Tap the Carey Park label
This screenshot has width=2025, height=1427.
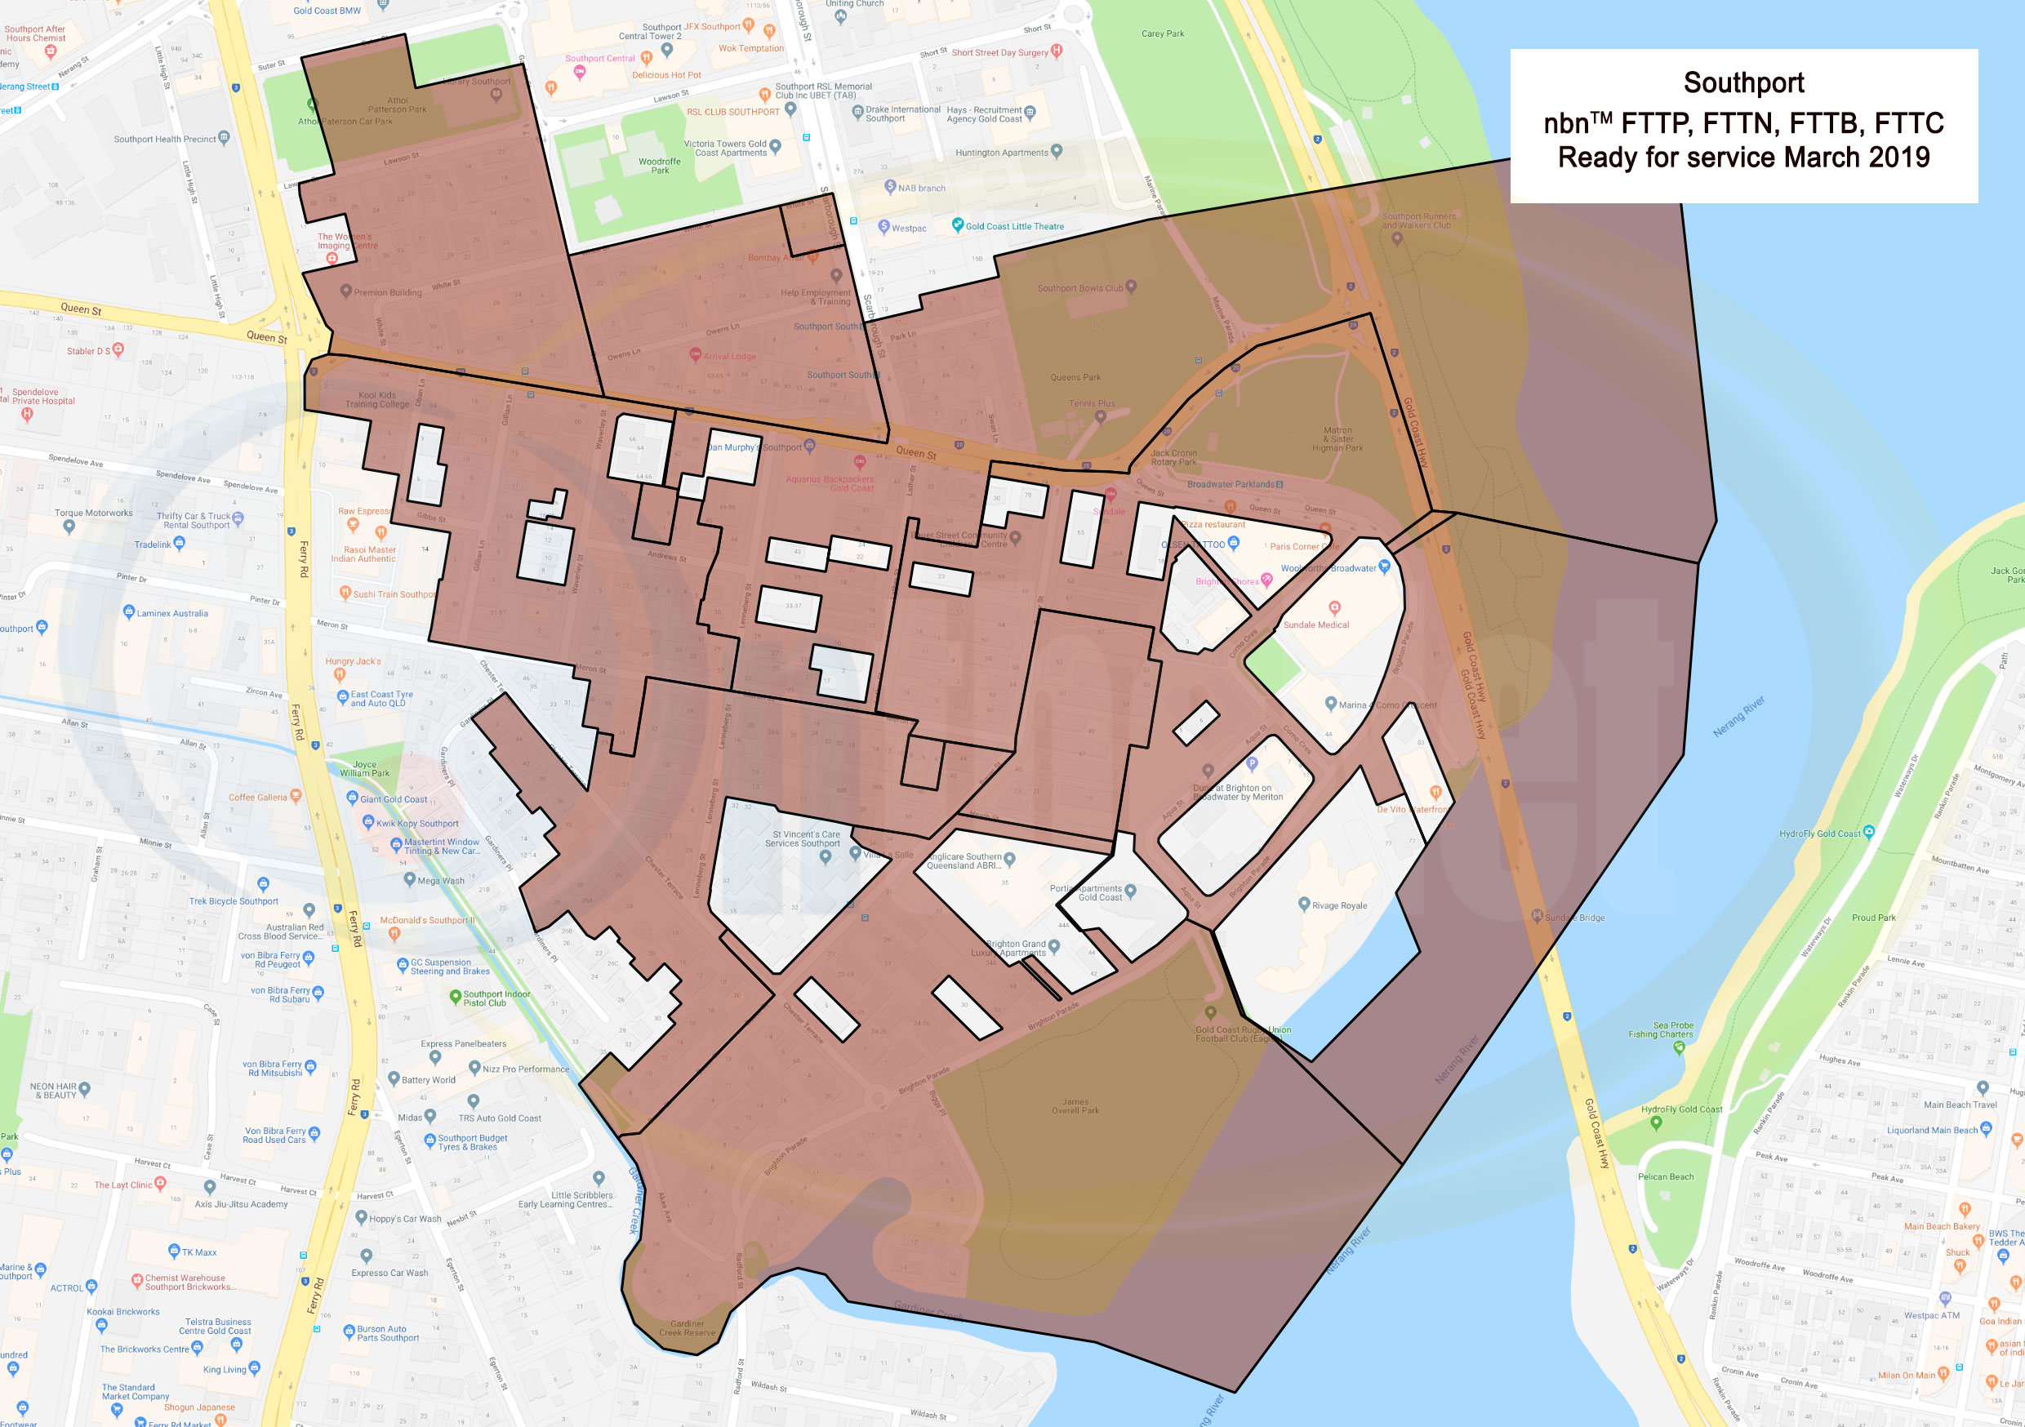(1163, 33)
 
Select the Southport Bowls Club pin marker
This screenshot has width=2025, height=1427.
(1131, 286)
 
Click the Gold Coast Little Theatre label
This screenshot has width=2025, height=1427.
(1014, 227)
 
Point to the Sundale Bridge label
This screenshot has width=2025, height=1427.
(1574, 918)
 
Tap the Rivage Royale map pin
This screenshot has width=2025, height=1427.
(1303, 903)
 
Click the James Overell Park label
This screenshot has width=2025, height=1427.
(1075, 1106)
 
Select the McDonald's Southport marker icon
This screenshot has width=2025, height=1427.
(394, 933)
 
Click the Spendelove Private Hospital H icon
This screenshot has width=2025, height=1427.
(27, 413)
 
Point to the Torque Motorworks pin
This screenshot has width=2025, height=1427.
(69, 527)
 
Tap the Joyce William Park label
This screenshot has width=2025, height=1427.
(364, 769)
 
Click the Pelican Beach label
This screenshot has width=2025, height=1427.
(1665, 1176)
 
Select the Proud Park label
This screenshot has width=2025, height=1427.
(1873, 918)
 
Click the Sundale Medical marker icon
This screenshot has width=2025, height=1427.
(1333, 607)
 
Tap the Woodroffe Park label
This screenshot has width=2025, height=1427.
(660, 166)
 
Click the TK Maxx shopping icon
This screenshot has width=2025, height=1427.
(174, 1251)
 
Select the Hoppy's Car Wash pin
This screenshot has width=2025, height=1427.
(361, 1217)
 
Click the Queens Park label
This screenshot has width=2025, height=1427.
(1075, 377)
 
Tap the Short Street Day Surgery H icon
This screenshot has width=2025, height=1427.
(1057, 51)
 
